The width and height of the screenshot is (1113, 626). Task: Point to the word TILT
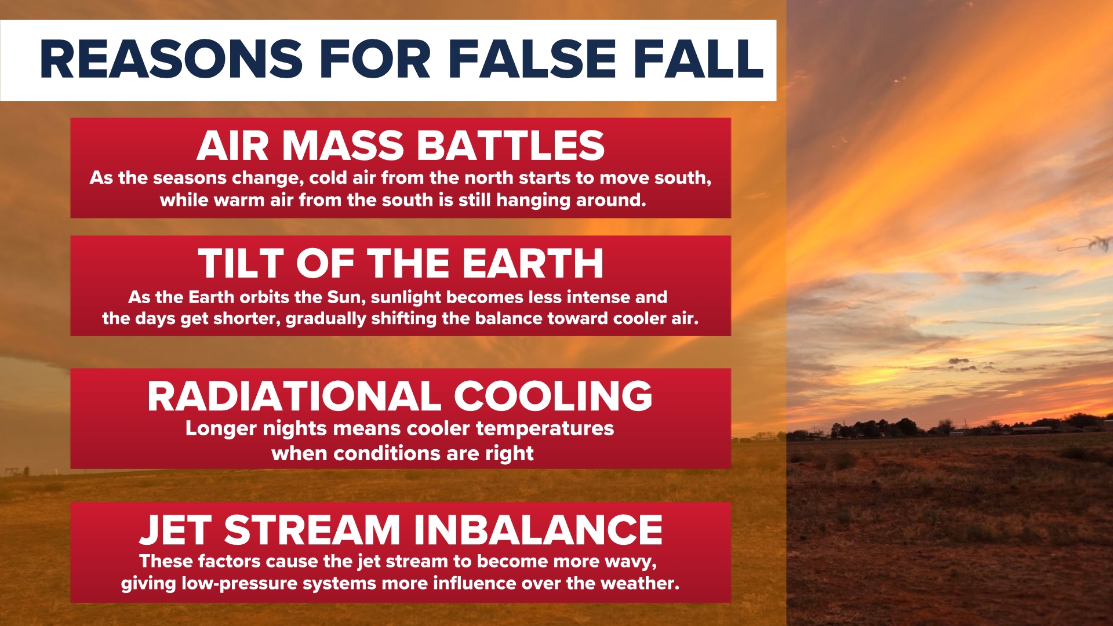point(241,264)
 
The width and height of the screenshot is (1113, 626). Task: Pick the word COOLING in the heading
point(553,396)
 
